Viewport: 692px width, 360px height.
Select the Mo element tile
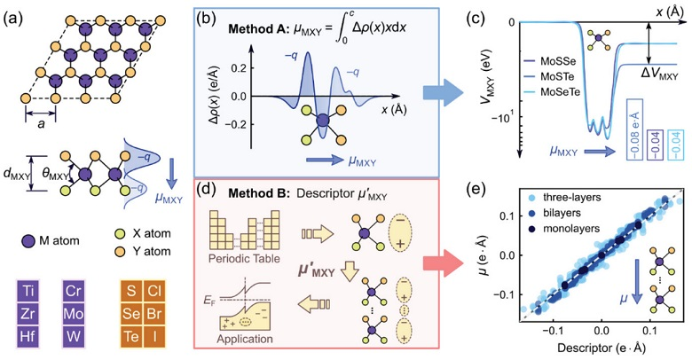[x=75, y=313]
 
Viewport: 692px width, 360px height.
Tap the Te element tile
[x=131, y=336]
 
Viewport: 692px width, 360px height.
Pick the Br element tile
[x=156, y=313]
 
